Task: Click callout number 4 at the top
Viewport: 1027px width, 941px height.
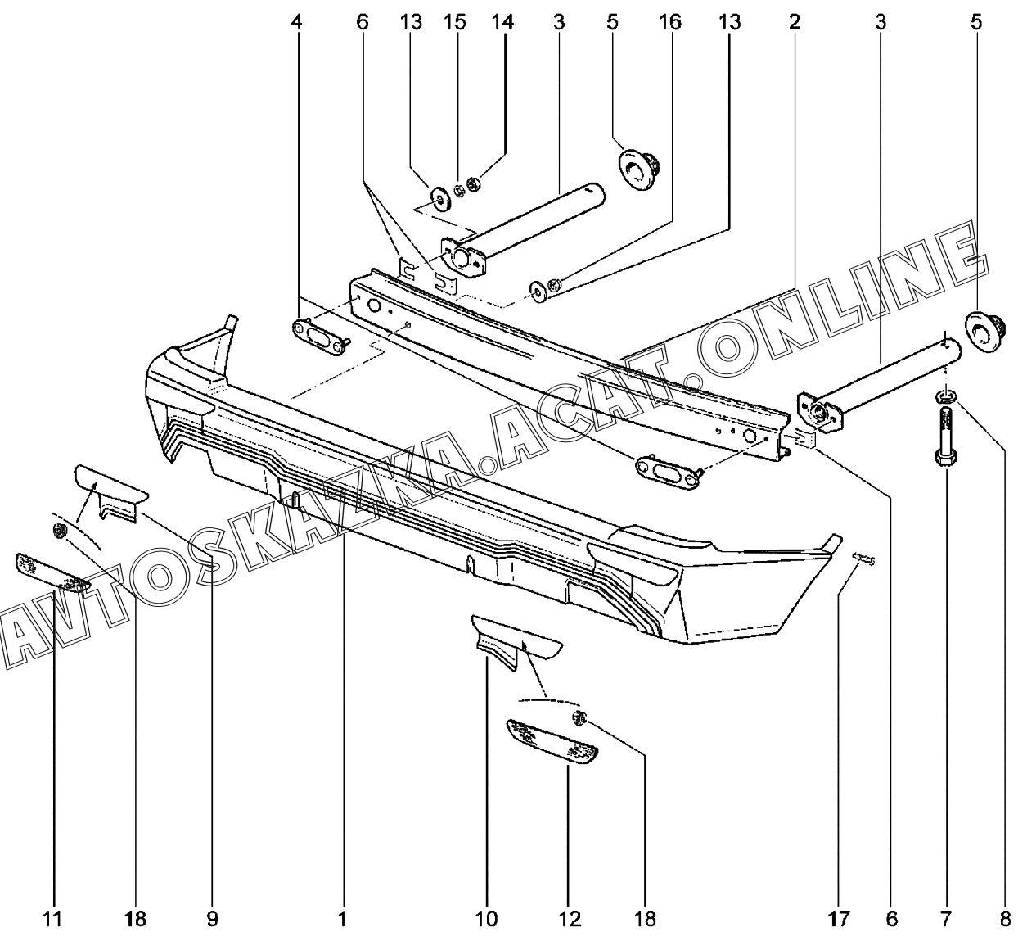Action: [296, 22]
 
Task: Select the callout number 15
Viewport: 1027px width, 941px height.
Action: [455, 22]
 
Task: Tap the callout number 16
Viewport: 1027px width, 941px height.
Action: [670, 22]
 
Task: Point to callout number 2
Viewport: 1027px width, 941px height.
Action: [794, 22]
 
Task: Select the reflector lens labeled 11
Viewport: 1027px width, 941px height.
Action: [53, 572]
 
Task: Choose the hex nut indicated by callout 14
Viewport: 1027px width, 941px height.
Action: [474, 183]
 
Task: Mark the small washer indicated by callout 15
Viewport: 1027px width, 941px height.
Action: [459, 190]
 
